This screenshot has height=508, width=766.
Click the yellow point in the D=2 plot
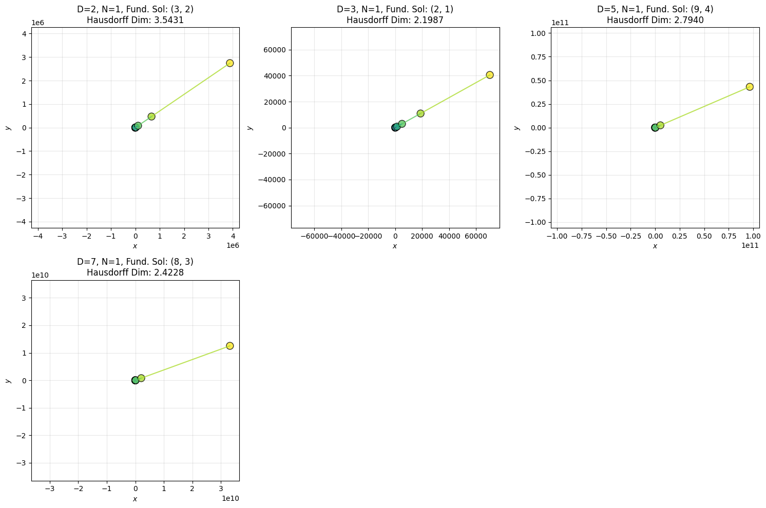[229, 63]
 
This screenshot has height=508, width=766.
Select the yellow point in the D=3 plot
[490, 75]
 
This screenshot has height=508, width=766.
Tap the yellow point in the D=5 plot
[750, 87]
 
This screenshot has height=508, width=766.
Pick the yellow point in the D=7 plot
[229, 346]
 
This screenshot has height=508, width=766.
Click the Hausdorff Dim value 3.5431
[163, 20]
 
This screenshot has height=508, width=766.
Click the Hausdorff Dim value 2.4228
[163, 272]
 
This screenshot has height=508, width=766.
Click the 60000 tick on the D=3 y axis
[275, 50]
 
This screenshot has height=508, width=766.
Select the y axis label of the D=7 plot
[8, 380]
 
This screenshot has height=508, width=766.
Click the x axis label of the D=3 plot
[395, 246]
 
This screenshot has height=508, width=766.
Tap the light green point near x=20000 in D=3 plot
[420, 113]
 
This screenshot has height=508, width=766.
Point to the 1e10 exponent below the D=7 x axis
[230, 498]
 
